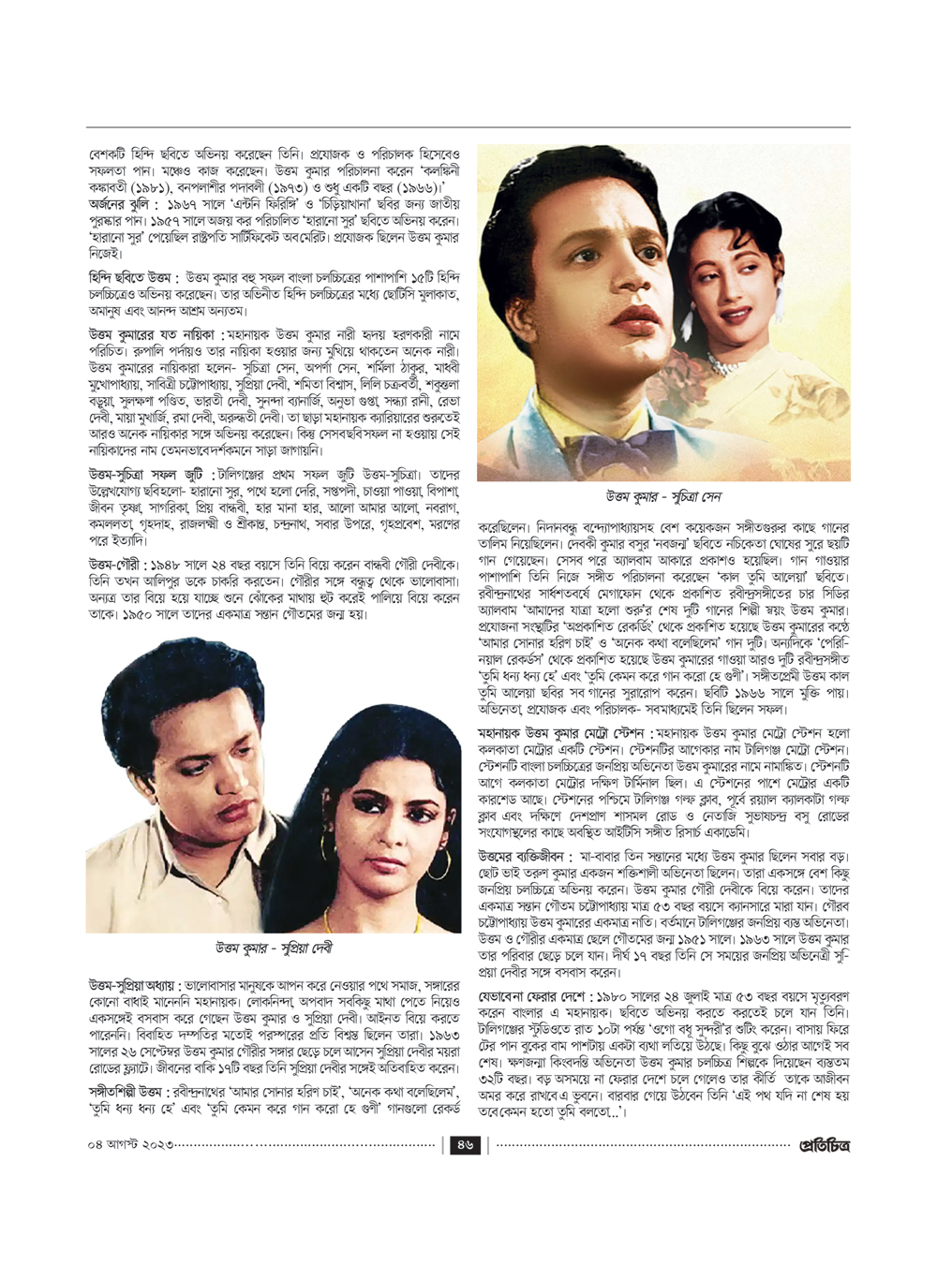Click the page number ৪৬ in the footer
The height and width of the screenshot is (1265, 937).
pyautogui.click(x=466, y=1144)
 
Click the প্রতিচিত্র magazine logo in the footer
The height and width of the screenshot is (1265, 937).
pyautogui.click(x=824, y=1144)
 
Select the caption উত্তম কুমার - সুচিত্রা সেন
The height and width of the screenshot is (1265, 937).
pyautogui.click(x=663, y=496)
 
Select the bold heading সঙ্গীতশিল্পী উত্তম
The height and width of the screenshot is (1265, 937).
pyautogui.click(x=126, y=1091)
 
